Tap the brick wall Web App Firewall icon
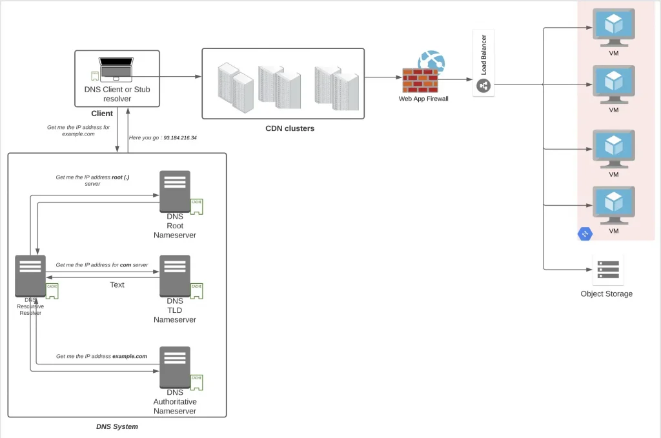420,81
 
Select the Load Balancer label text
484,54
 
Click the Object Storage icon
607,270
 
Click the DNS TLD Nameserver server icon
175,275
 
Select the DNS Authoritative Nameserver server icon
175,367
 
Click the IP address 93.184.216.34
180,137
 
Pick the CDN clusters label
290,128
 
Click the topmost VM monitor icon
614,26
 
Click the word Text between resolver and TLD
117,284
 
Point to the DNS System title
117,426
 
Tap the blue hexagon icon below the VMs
585,234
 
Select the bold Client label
102,114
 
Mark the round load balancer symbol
483,85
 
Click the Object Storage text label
607,294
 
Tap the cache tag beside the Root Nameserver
197,206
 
